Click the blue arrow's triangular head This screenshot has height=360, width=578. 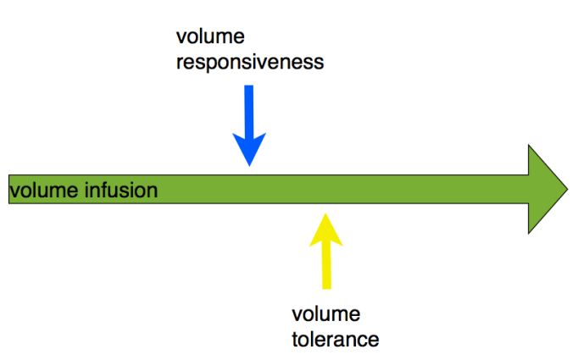pos(249,147)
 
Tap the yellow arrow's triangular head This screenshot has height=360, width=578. pos(325,229)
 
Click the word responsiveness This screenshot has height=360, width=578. pos(250,63)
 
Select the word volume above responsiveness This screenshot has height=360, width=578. pos(207,37)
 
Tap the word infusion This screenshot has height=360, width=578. pos(120,190)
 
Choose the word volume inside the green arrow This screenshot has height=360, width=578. pos(42,190)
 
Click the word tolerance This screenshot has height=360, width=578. pos(335,340)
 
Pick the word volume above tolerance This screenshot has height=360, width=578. pos(326,315)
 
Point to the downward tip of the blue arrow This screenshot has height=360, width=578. pos(249,165)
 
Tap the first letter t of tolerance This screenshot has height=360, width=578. pos(296,340)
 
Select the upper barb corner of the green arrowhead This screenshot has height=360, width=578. pos(530,146)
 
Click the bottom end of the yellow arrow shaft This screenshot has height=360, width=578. pos(325,288)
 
